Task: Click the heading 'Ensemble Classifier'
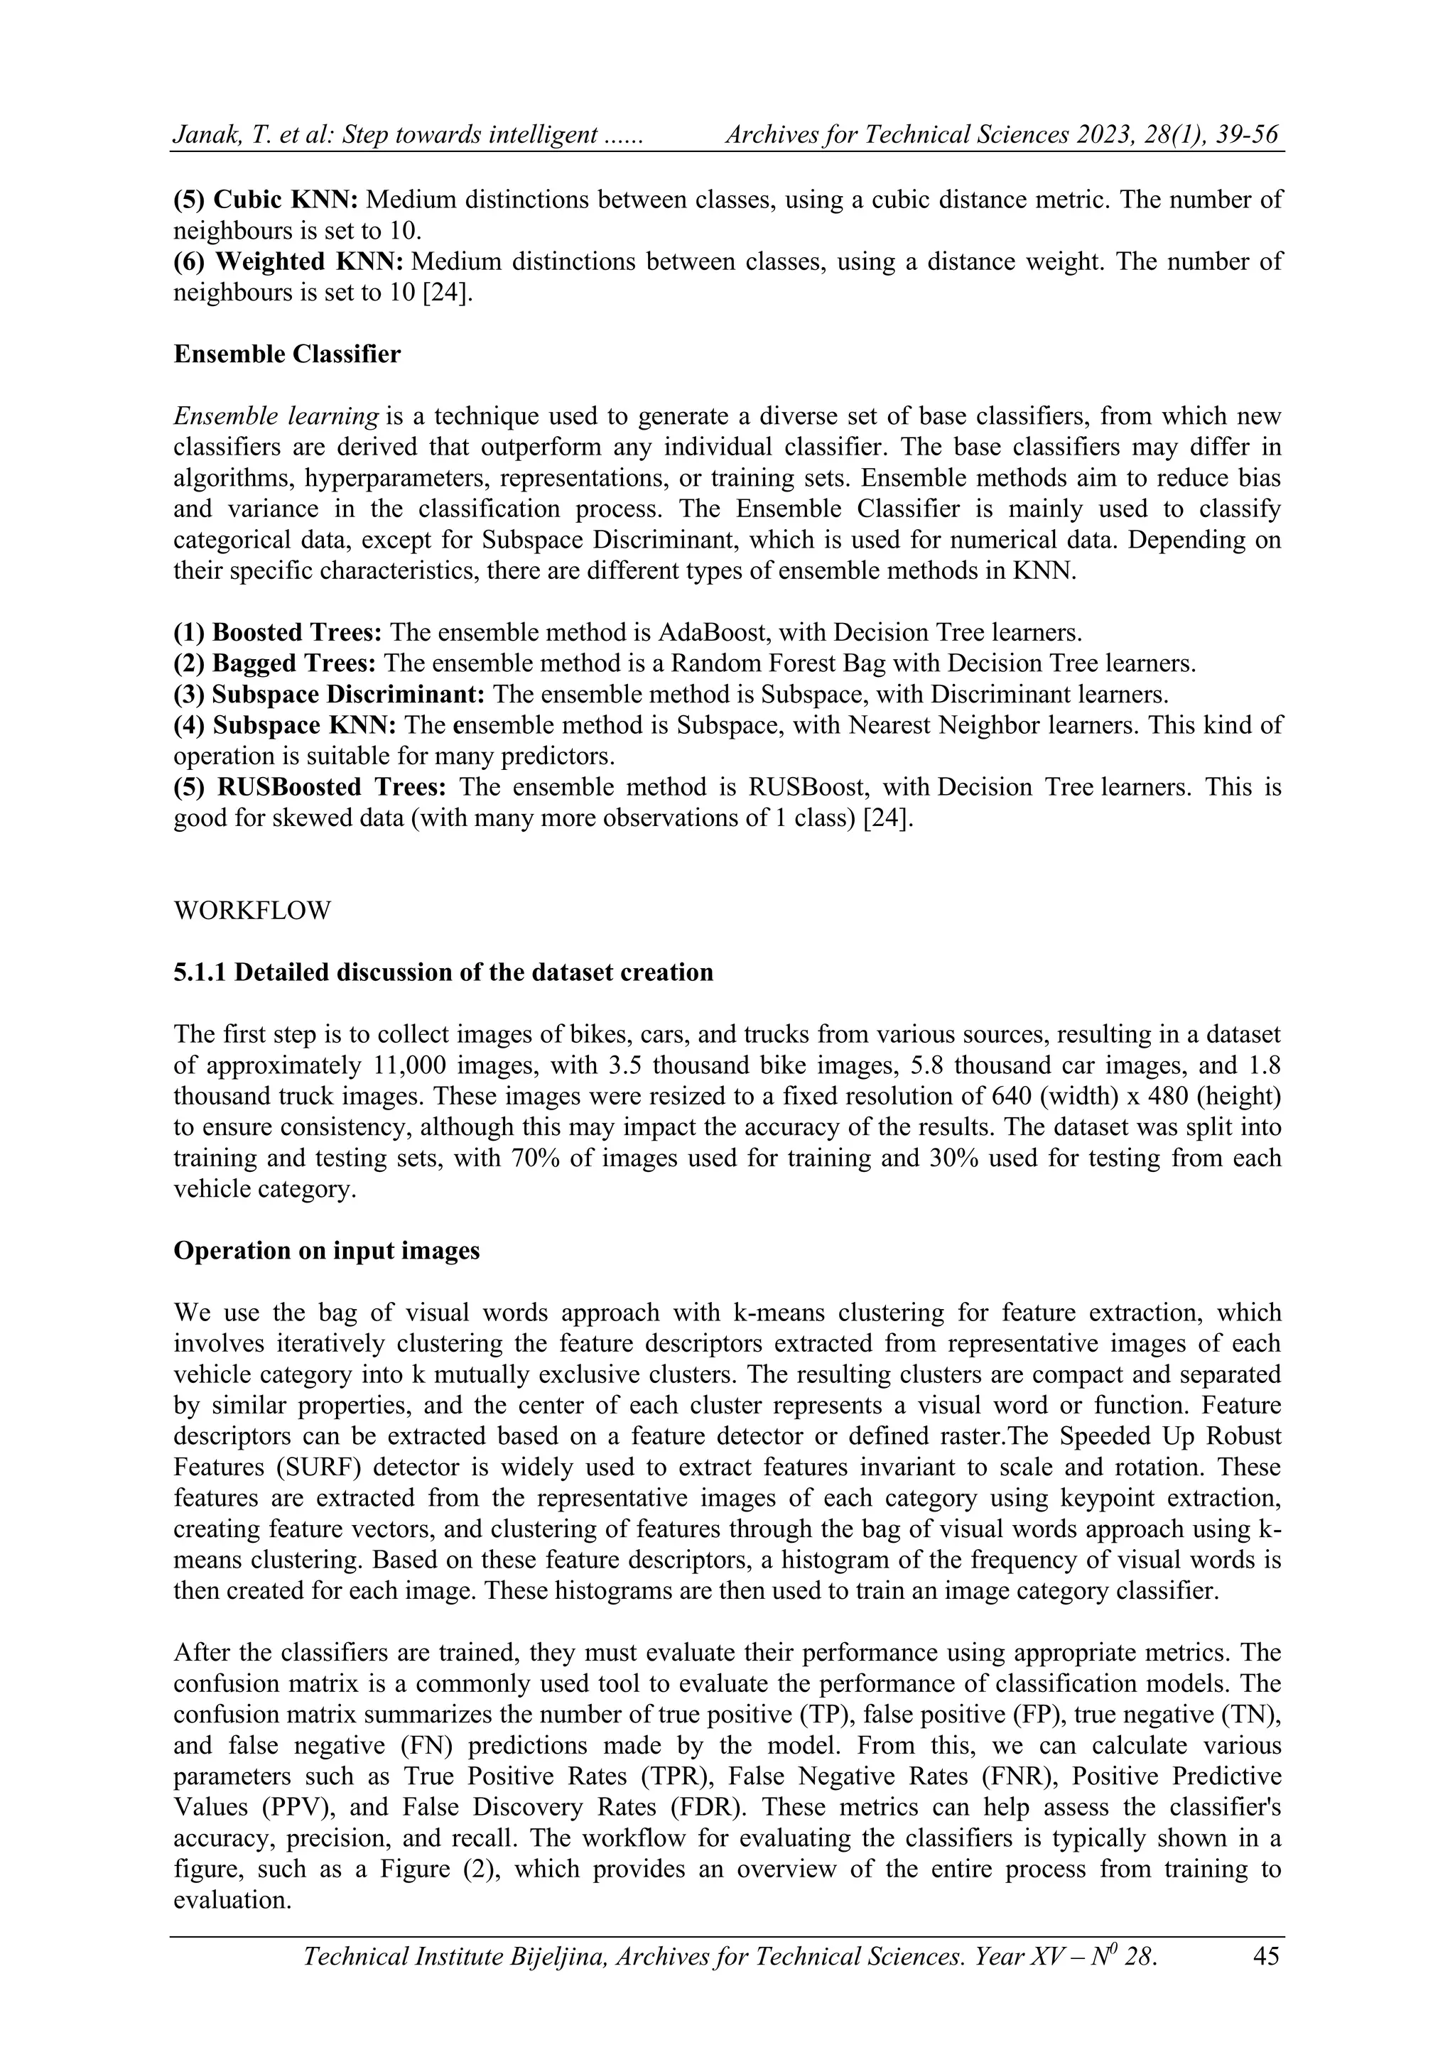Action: click(x=287, y=354)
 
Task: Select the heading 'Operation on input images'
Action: click(x=326, y=1251)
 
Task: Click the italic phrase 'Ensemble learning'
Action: click(x=276, y=416)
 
